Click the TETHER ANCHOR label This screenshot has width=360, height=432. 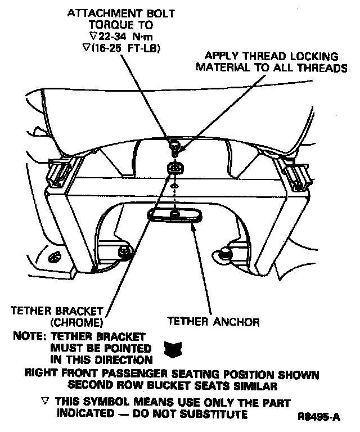pos(214,322)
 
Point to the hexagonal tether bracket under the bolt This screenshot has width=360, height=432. pos(175,167)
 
